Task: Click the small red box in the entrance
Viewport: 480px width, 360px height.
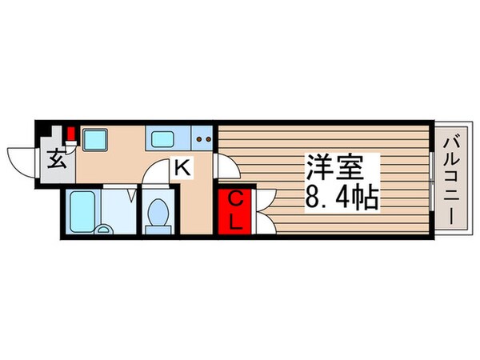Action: tap(71, 134)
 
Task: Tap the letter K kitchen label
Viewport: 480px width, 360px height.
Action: tap(182, 169)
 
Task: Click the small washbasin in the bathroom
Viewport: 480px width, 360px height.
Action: tap(104, 229)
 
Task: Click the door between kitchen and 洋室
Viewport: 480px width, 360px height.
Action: tap(225, 166)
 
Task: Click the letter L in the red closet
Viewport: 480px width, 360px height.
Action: tap(236, 222)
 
